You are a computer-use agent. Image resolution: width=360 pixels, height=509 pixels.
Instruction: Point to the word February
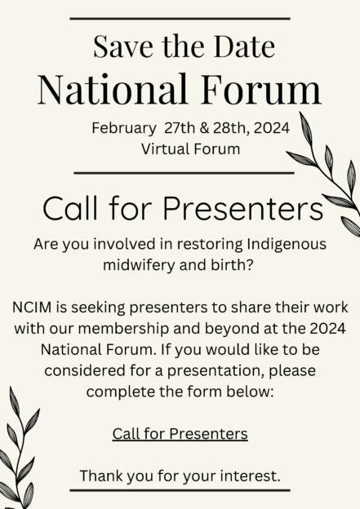123,128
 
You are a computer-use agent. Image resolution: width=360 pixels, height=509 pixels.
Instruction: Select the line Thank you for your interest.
180,476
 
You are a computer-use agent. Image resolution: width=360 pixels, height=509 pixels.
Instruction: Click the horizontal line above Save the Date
180,18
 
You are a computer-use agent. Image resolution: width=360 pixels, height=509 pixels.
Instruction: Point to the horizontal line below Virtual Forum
184,173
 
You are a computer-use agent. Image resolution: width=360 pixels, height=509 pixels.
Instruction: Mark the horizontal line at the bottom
180,491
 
